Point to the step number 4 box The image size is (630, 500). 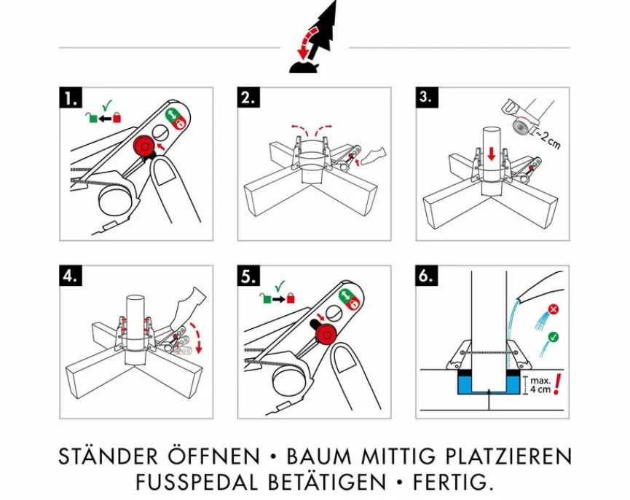tap(71, 277)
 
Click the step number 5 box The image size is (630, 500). tap(249, 277)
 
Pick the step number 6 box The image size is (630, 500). tap(427, 277)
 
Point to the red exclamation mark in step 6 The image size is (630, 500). tap(558, 384)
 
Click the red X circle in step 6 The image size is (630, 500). tap(553, 309)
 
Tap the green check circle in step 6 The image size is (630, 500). tap(553, 337)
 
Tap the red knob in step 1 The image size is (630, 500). tap(143, 146)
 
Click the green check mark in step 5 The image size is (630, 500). tap(280, 286)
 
